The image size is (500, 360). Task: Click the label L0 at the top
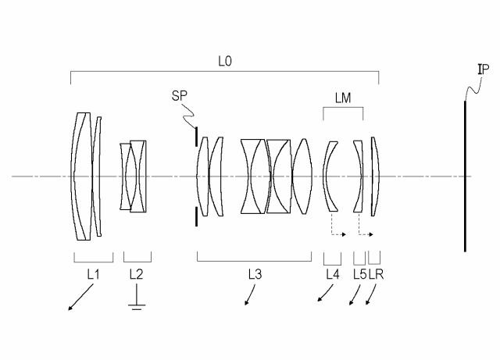pos(225,59)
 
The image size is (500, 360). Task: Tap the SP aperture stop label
pos(180,96)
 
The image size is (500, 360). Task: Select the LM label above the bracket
pos(342,96)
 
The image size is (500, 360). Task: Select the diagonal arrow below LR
pos(371,298)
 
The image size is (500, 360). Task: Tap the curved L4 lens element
pos(330,176)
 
